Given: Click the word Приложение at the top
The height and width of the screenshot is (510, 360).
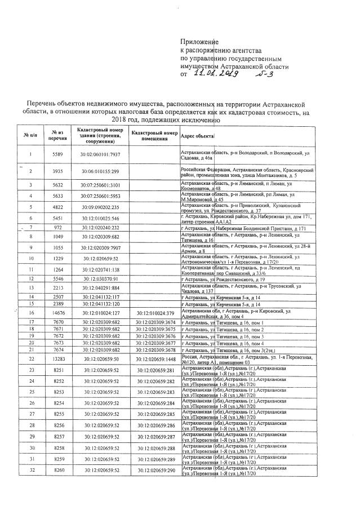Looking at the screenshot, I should click(x=198, y=42).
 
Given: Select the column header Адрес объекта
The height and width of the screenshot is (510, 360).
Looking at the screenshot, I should click(x=197, y=136).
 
